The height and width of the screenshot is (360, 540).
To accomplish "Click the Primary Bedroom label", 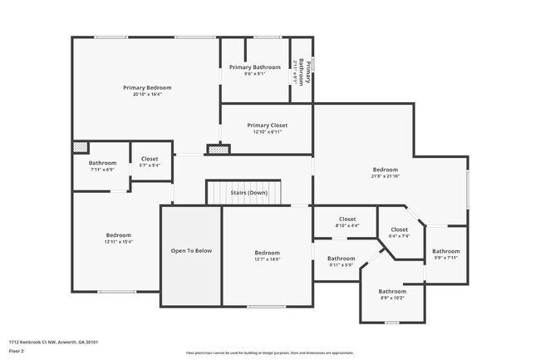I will (147, 87).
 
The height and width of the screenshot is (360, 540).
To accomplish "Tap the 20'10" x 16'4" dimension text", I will (147, 94).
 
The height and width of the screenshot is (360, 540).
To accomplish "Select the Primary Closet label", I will (267, 126).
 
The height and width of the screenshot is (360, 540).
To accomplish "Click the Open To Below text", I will (191, 250).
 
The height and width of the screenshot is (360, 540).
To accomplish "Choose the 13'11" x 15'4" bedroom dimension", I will (118, 242).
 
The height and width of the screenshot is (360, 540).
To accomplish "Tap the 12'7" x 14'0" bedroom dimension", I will (267, 259).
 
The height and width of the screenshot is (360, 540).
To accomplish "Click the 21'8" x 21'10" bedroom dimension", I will (385, 176).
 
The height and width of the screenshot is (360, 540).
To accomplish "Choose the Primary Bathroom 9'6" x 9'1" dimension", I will (254, 74).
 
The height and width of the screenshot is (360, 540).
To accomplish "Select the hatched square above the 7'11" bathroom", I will (80, 146).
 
